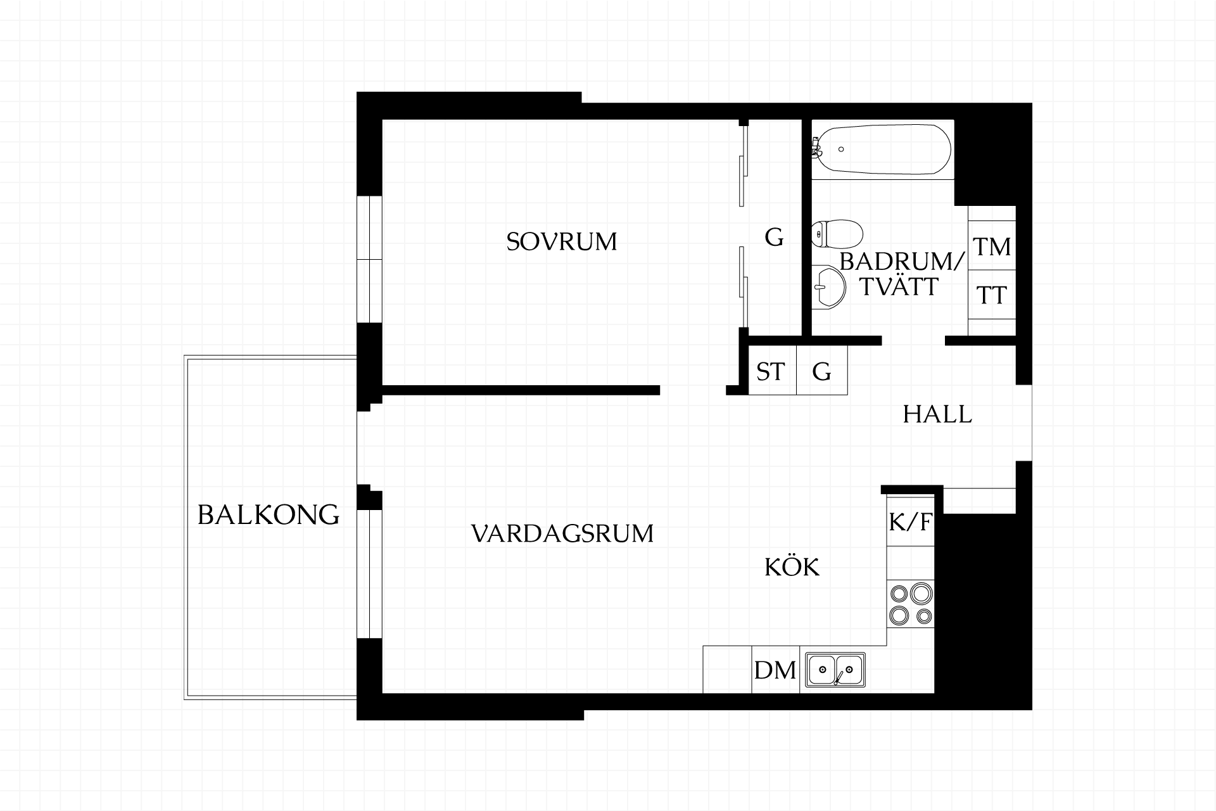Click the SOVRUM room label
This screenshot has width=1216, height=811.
pyautogui.click(x=562, y=241)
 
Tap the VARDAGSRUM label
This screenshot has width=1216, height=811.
pyautogui.click(x=562, y=533)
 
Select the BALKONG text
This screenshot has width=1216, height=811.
pyautogui.click(x=269, y=514)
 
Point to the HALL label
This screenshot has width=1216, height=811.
pyautogui.click(x=937, y=414)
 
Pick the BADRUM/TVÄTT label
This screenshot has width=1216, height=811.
pyautogui.click(x=902, y=274)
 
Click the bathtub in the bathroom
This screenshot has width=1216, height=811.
pyautogui.click(x=882, y=150)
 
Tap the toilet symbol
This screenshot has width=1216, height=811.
pyautogui.click(x=836, y=235)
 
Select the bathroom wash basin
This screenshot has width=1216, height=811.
pyautogui.click(x=828, y=288)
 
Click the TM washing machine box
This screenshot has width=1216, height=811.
pyautogui.click(x=992, y=246)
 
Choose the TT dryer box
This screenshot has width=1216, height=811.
pyautogui.click(x=992, y=295)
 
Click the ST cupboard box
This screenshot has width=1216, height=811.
pyautogui.click(x=772, y=371)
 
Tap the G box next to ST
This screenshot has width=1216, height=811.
pyautogui.click(x=821, y=371)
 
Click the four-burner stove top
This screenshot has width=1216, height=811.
pyautogui.click(x=911, y=604)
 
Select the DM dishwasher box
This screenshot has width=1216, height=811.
pyautogui.click(x=775, y=669)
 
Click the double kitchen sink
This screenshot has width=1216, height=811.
pyautogui.click(x=835, y=669)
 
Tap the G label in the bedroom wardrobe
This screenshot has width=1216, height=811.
pyautogui.click(x=774, y=238)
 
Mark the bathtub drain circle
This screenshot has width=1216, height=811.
pyautogui.click(x=841, y=150)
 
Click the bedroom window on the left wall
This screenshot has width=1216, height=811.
pyautogui.click(x=369, y=259)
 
